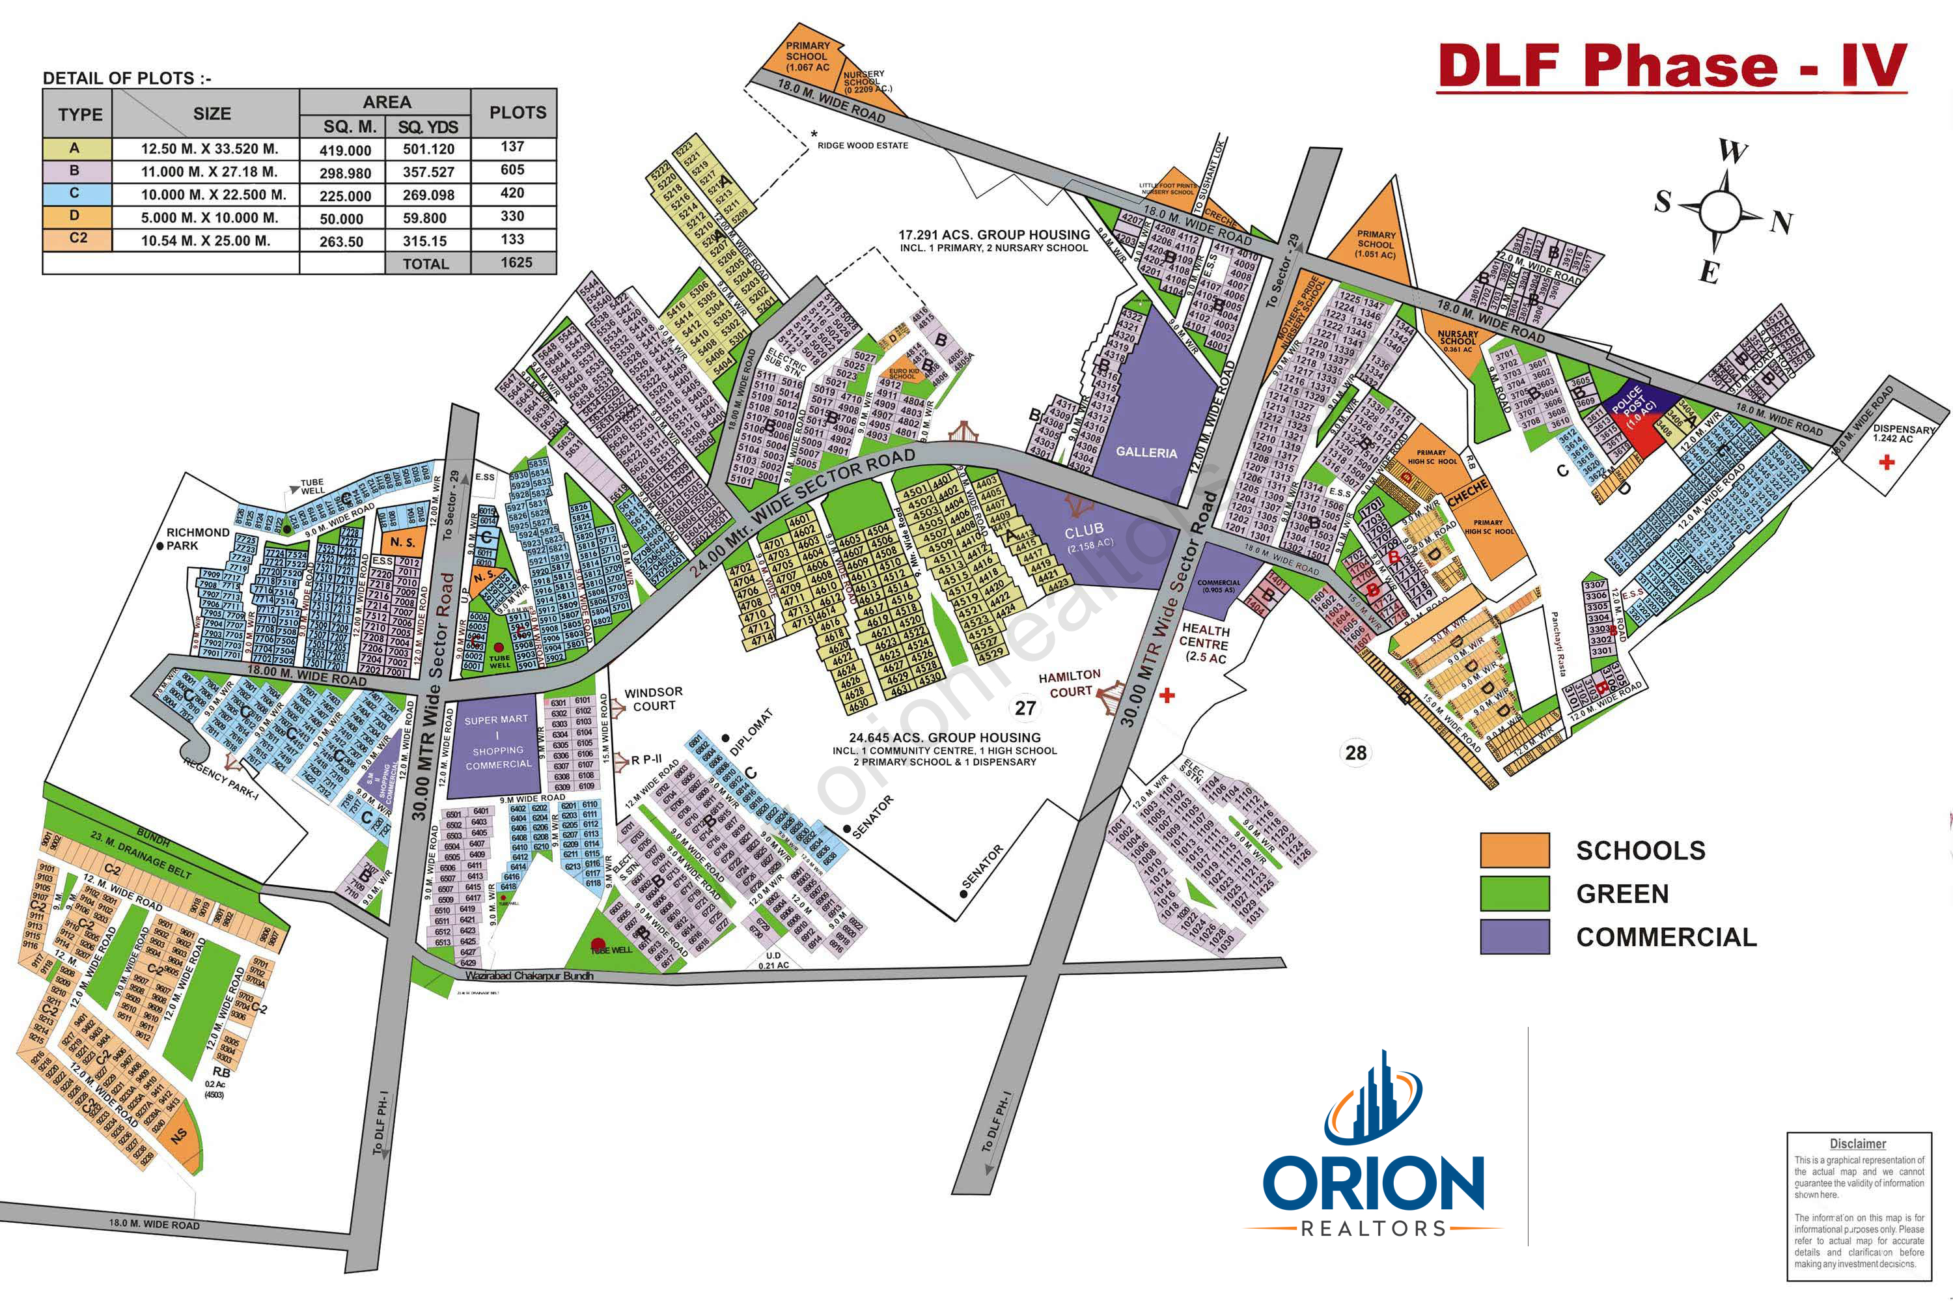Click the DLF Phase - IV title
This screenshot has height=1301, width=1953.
tap(1672, 66)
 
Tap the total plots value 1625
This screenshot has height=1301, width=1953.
tap(516, 262)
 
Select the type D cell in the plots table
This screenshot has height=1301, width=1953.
tap(76, 216)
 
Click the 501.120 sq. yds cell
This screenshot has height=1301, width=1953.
tap(428, 149)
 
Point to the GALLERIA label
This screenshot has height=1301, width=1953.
tap(1146, 452)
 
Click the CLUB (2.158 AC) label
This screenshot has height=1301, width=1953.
tap(1087, 536)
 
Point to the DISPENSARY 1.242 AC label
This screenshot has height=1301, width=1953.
tap(1904, 433)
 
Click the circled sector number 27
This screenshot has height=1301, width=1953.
tap(1026, 708)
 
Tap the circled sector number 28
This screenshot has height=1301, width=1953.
tap(1356, 753)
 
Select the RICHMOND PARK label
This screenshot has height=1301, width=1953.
tap(197, 539)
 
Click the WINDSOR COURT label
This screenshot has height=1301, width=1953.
tap(654, 699)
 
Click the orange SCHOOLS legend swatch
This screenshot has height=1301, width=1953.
tap(1514, 850)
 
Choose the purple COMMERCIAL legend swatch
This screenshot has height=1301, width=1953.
tap(1514, 937)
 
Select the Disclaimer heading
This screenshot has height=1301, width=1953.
tap(1858, 1144)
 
